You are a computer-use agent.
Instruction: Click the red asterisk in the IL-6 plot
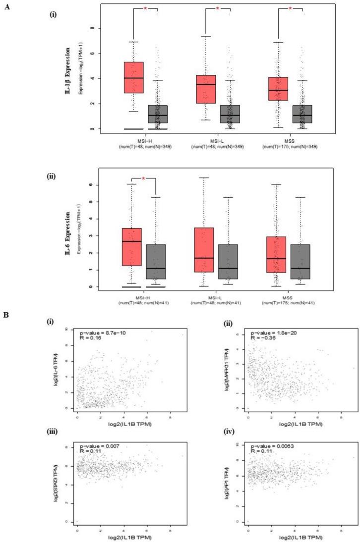(x=144, y=178)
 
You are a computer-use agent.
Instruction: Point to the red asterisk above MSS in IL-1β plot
(x=290, y=8)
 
